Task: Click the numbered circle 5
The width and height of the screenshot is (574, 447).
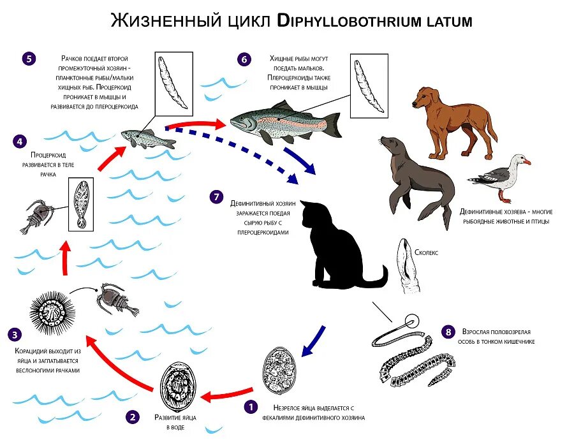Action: [28, 59]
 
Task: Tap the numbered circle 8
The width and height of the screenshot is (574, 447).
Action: [448, 332]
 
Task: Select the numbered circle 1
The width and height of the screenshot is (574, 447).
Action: [251, 406]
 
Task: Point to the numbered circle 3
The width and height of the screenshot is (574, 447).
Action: [15, 333]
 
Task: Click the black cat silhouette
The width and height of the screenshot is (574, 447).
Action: [335, 245]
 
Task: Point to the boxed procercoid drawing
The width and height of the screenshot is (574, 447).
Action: [80, 203]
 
